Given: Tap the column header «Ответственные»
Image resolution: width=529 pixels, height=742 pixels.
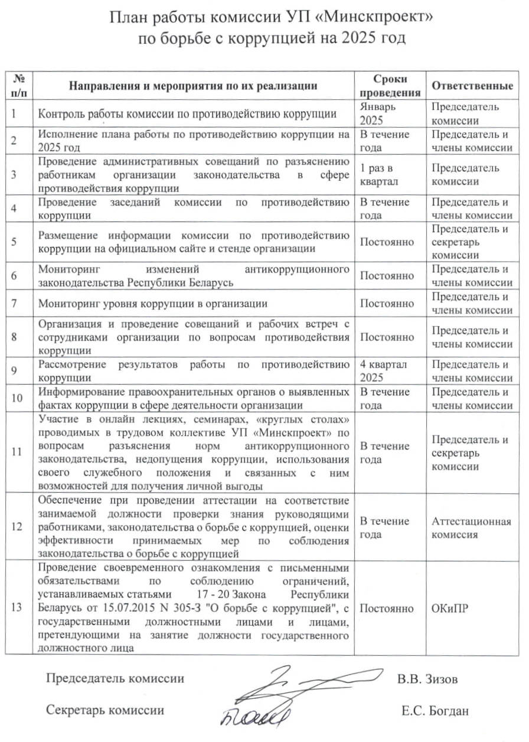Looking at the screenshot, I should [472, 86].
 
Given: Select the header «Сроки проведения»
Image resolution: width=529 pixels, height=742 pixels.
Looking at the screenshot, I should [390, 86].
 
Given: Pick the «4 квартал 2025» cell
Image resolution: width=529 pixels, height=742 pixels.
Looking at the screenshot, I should [383, 371].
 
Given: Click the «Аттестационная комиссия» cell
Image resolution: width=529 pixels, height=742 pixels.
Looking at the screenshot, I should [471, 528].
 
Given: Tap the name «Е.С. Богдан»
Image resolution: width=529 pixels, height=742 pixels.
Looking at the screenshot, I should [435, 711].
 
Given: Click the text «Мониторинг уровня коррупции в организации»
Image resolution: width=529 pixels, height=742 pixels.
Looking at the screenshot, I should [153, 304].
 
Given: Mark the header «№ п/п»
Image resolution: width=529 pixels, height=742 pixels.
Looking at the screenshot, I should [20, 86].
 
